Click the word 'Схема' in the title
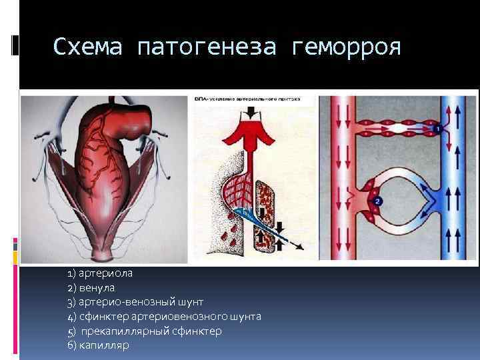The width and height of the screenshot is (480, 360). [87, 47]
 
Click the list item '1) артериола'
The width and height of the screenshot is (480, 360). [99, 274]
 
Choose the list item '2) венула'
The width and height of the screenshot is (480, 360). [91, 288]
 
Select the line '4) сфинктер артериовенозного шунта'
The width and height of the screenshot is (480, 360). [164, 316]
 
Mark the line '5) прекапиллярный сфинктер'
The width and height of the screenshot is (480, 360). [145, 331]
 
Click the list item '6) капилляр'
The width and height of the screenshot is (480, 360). [98, 345]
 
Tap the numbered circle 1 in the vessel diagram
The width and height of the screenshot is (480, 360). [437, 127]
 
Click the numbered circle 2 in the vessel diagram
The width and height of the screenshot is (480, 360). [377, 200]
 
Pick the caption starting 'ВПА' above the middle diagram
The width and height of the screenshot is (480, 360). [247, 99]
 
